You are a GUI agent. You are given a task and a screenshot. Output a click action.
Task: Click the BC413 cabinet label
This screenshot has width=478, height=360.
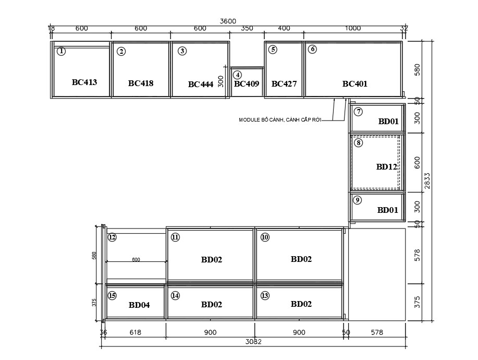coord(84,82)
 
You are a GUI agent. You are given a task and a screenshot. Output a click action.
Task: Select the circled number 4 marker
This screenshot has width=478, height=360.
coord(238,75)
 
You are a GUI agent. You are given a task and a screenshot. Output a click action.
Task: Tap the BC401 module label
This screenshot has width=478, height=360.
coord(355,83)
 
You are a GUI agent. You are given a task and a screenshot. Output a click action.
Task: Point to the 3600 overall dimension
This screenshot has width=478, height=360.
coord(228,21)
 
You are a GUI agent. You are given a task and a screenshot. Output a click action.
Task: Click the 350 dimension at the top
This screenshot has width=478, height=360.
coord(247,28)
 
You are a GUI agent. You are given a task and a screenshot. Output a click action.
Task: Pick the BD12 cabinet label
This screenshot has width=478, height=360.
coord(387,166)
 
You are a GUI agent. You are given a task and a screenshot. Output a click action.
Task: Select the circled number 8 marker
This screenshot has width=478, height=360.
coord(358,143)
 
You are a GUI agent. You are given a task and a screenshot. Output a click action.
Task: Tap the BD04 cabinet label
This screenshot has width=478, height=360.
coord(139,305)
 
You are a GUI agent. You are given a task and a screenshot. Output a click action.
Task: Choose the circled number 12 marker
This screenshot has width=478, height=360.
coord(112,237)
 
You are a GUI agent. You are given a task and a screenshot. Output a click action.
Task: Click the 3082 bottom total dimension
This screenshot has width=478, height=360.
coord(253,342)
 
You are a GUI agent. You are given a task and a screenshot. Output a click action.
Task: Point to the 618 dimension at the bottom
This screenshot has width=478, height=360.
coord(136,332)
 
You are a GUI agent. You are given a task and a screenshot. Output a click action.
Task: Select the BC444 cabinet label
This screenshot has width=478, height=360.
coord(201,84)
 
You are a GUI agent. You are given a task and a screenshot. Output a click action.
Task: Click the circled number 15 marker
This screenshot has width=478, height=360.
coord(112,296)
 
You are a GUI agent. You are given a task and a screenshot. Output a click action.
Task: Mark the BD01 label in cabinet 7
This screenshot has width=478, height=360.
coord(388,121)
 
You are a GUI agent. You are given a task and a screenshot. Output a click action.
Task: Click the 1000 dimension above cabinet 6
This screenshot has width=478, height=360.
coord(353,28)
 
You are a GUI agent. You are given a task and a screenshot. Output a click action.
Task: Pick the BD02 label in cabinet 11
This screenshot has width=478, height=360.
coord(212,259)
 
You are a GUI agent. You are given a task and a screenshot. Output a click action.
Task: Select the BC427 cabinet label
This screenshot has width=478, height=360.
coord(284,83)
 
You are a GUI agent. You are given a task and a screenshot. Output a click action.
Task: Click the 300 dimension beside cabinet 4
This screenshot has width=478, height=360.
coord(221,81)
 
